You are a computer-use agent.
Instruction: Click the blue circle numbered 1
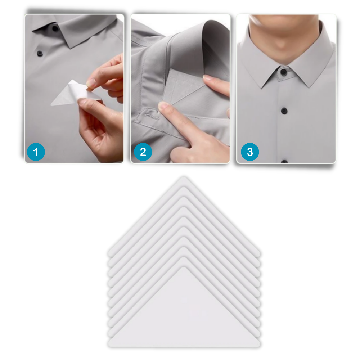click(x=36, y=152)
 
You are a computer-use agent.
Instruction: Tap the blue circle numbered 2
click(x=143, y=152)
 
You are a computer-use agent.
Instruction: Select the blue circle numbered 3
click(x=250, y=152)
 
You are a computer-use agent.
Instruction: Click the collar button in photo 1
click(x=55, y=28)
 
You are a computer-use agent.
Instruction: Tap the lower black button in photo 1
click(x=40, y=53)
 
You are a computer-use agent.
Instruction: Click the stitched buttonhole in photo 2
click(x=151, y=116)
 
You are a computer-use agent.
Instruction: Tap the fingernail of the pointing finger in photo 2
click(x=163, y=106)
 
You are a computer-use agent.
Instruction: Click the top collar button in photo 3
click(x=284, y=72)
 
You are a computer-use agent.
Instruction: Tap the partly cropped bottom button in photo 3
click(x=284, y=161)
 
